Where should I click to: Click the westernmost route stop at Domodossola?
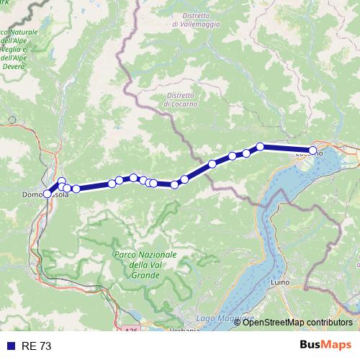click(48, 194)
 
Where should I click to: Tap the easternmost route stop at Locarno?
click(312, 151)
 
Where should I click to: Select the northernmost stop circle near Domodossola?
click(62, 181)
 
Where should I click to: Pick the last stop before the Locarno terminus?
click(261, 147)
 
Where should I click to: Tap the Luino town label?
click(279, 282)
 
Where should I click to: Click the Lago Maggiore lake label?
click(225, 318)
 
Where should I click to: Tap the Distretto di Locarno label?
click(179, 99)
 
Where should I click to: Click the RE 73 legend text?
click(36, 346)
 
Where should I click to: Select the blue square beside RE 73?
click(10, 346)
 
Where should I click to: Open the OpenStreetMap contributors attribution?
click(297, 323)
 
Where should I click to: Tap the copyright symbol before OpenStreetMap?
click(238, 323)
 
